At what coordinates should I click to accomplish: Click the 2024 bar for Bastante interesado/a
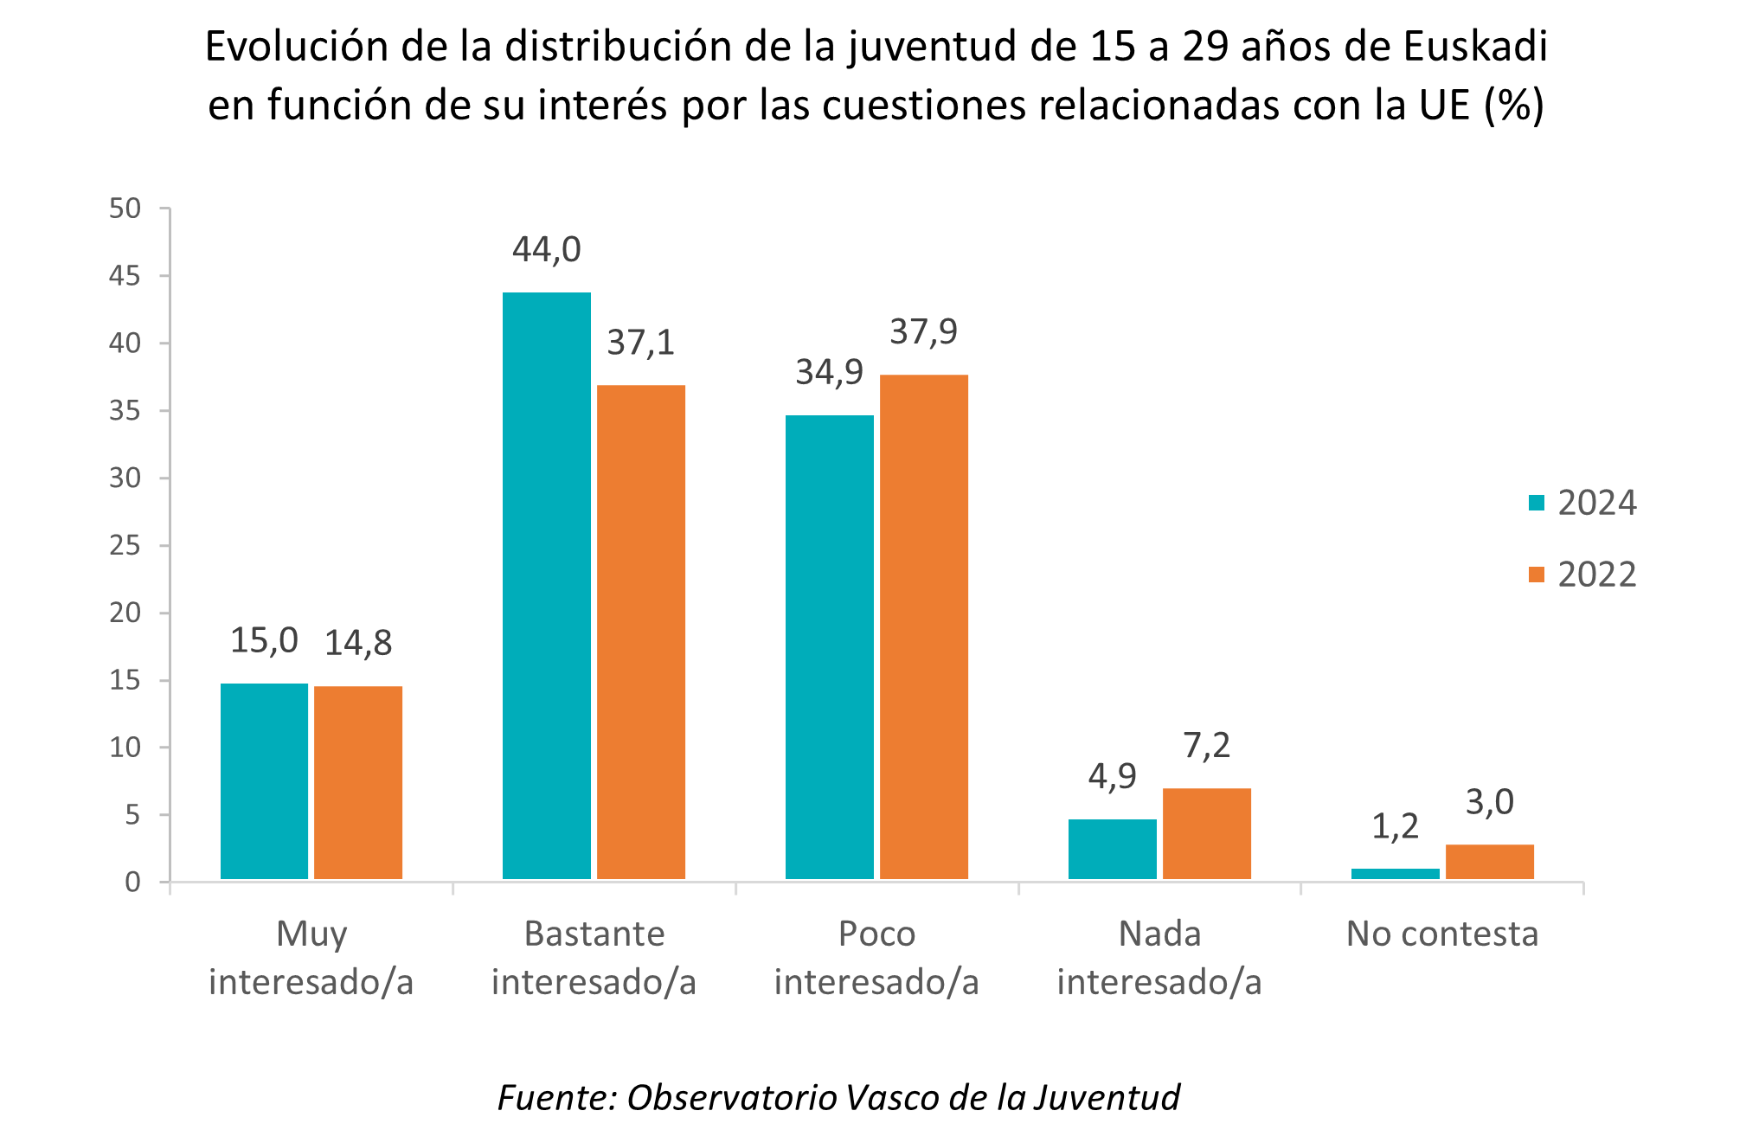tap(546, 586)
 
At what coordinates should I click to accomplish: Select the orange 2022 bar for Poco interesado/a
tap(923, 626)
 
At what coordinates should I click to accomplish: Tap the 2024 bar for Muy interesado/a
tap(264, 781)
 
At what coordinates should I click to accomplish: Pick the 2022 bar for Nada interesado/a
tap(1206, 833)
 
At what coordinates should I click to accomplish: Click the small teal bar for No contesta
tap(1395, 874)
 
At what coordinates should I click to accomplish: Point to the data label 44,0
tap(546, 250)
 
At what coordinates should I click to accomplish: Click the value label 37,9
tap(923, 332)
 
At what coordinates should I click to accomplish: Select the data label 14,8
tap(358, 643)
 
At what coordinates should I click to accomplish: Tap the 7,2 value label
tap(1206, 746)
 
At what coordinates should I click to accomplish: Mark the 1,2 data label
tap(1395, 827)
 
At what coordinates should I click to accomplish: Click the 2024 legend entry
tap(1583, 503)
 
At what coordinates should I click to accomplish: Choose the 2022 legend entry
tap(1583, 575)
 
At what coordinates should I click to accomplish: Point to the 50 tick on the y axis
tap(125, 209)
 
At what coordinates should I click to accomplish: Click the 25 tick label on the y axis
tap(125, 545)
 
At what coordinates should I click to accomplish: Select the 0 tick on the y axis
tap(132, 882)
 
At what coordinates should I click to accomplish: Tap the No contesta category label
tap(1442, 934)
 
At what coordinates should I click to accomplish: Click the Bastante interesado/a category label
tap(594, 958)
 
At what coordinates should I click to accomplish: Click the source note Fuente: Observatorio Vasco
tap(838, 1097)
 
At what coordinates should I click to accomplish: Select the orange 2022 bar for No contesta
tap(1489, 862)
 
